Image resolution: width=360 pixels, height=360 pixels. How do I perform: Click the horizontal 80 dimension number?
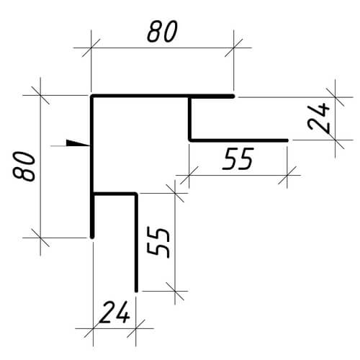point(162,32)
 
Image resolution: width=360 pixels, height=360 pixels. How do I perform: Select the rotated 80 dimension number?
point(24,166)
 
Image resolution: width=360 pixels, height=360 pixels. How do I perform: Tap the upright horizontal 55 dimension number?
point(238,159)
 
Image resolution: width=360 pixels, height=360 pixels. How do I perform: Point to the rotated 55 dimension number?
point(158,243)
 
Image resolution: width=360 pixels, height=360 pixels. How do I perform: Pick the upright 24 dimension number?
point(114,312)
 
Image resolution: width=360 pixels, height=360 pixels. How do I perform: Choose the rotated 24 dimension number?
point(318,118)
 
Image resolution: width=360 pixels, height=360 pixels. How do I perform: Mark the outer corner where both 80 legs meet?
point(92,96)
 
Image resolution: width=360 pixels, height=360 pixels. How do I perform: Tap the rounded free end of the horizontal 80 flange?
point(233,96)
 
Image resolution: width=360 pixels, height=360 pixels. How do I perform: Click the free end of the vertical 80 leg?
point(92,236)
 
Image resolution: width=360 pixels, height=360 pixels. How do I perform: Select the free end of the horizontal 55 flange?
point(287,140)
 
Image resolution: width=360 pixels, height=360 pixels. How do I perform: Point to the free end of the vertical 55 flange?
point(136,290)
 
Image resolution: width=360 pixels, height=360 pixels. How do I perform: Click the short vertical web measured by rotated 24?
point(190,119)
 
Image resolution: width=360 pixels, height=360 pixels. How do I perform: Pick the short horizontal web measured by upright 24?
point(114,194)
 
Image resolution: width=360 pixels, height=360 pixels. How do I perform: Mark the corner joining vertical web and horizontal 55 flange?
point(190,140)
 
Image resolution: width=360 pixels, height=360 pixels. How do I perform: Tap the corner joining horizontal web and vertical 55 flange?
point(136,194)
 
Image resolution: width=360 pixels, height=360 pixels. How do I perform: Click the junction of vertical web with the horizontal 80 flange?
point(190,96)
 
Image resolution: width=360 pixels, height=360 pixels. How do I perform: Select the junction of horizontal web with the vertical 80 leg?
point(92,194)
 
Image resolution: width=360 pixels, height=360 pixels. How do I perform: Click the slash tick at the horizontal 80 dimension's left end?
point(91,48)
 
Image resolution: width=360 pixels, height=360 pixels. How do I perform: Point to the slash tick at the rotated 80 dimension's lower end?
point(40,238)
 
